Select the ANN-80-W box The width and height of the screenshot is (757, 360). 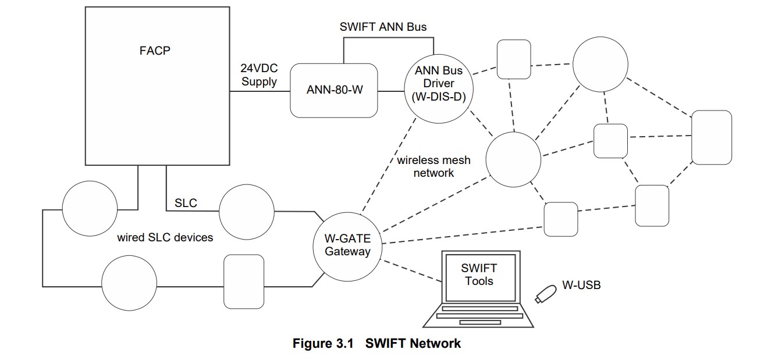334,91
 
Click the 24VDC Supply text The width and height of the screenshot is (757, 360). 259,75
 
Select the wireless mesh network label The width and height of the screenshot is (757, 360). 433,166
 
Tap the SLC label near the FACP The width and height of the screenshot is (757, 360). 186,203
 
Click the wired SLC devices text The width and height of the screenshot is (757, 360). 165,237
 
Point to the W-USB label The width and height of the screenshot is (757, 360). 581,285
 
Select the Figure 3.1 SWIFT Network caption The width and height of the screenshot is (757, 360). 376,343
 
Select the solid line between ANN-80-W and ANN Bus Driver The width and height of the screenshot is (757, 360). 391,91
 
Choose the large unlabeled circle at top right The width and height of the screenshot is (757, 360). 600,64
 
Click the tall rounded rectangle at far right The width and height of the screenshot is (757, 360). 711,137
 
